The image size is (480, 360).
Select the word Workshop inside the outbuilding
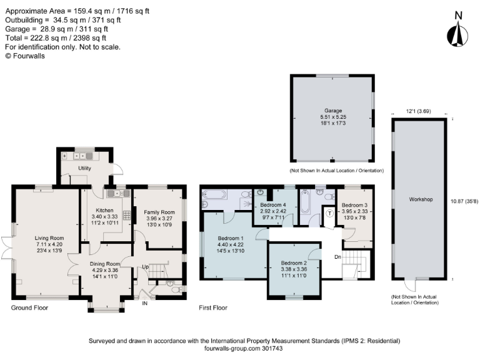pyautogui.click(x=421, y=199)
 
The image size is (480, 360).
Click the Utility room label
pyautogui.click(x=84, y=169)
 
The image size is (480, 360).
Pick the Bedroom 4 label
pyautogui.click(x=272, y=205)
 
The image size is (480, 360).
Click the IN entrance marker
pyautogui.click(x=145, y=303)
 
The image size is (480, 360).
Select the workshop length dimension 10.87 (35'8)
pyautogui.click(x=464, y=201)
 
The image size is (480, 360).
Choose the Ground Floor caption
pyautogui.click(x=29, y=308)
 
